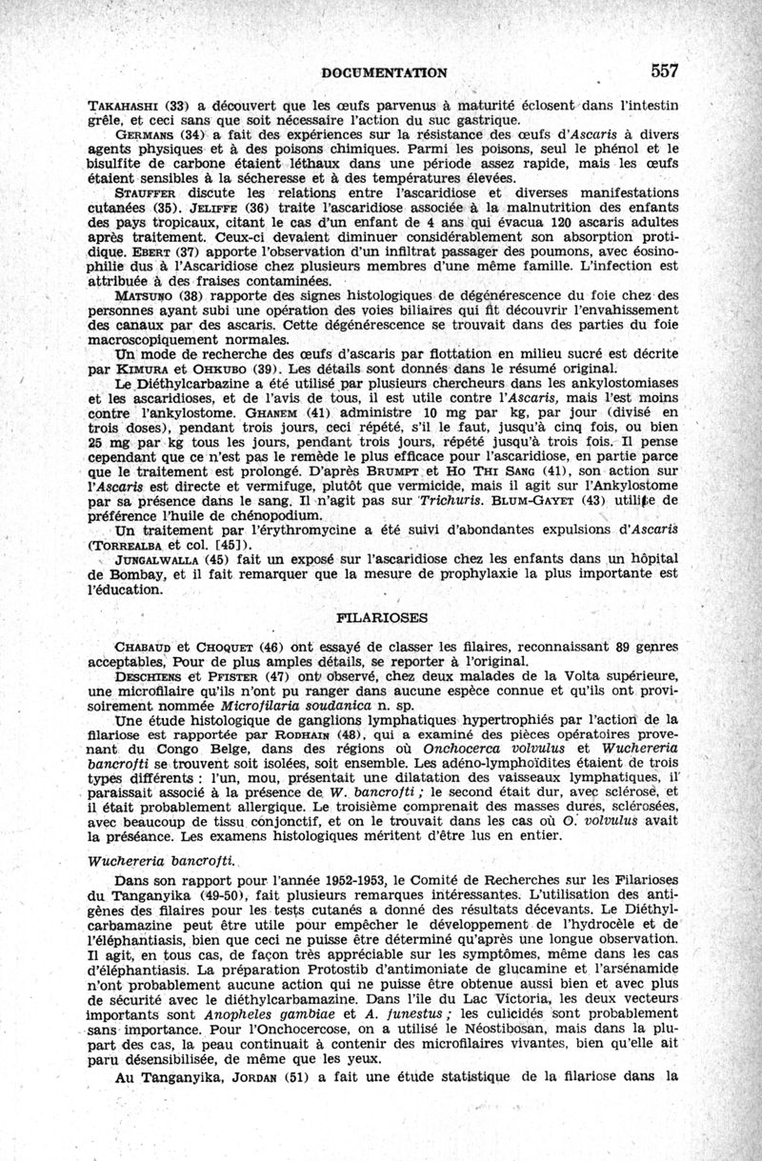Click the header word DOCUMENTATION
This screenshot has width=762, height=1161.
(385, 72)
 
